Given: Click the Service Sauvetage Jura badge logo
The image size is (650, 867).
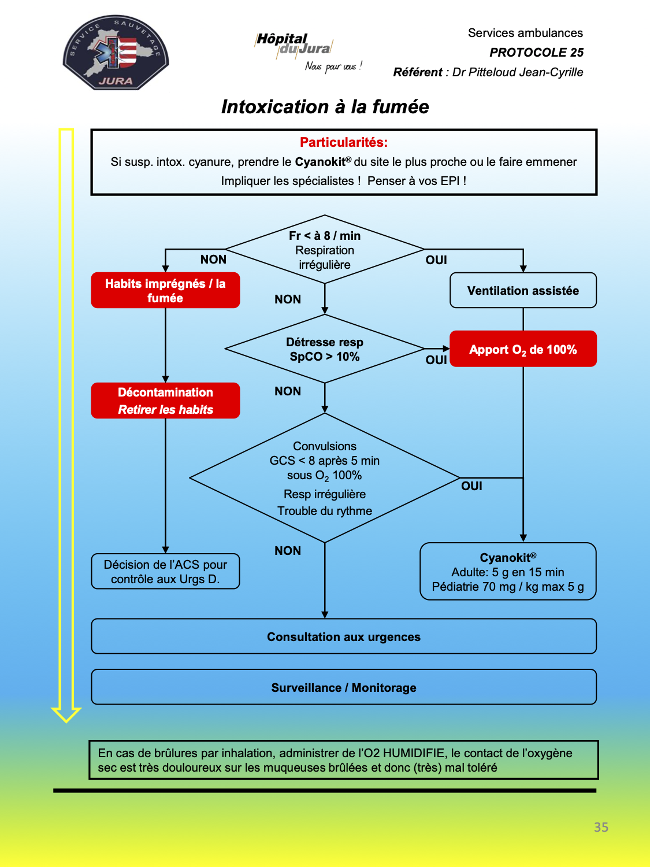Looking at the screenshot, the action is [116, 53].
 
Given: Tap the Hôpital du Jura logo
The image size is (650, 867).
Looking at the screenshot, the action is [308, 52].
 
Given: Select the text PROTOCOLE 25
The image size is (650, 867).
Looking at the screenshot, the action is [536, 53].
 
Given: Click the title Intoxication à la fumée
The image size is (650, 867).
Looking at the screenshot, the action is [325, 107].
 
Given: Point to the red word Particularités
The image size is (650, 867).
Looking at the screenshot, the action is [343, 142].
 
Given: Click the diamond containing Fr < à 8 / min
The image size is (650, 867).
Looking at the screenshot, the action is [324, 249].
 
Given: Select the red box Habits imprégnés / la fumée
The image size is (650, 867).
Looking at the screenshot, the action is [165, 290].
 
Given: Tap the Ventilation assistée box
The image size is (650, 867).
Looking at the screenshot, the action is [523, 290].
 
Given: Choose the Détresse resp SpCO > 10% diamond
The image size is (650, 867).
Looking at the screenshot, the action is [324, 349].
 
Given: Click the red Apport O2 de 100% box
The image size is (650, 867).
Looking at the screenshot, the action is [523, 349].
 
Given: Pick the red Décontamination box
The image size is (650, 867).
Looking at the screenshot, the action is [165, 401].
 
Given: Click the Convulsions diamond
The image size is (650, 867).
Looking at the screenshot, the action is [324, 478].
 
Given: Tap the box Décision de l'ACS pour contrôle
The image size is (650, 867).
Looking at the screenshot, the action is [165, 571].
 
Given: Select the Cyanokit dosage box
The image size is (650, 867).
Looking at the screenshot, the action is [508, 571].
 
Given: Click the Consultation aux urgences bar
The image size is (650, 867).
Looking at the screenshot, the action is [344, 636].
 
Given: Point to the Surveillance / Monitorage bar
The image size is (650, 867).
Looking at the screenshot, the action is [344, 687].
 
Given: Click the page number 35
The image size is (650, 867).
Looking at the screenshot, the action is [601, 827].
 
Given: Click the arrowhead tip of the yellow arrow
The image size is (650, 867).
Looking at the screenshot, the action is [66, 722].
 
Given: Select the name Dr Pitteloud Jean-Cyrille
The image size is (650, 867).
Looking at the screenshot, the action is [517, 72].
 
